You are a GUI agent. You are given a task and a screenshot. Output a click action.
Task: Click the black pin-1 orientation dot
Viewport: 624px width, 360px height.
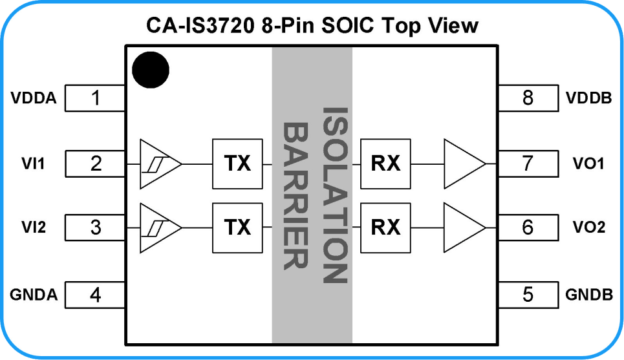[x=151, y=70]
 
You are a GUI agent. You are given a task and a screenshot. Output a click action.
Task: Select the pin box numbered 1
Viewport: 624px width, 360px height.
[x=95, y=98]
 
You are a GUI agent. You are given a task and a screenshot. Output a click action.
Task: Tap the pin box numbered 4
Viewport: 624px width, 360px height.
[x=95, y=295]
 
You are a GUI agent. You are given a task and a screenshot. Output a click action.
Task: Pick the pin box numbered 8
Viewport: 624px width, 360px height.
[x=528, y=98]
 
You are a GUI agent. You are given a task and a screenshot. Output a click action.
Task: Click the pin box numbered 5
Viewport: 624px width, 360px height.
[x=528, y=295]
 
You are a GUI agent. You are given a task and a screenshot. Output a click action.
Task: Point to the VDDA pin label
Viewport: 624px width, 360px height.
[x=34, y=98]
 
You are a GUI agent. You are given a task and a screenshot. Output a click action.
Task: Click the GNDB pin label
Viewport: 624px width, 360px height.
[x=589, y=295]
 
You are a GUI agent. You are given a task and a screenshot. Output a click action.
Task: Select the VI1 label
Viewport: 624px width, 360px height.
[x=33, y=164]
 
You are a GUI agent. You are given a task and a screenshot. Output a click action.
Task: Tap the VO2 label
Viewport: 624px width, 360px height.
[x=589, y=227]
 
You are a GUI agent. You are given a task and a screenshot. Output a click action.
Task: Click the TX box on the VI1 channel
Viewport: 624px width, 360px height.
[x=237, y=164]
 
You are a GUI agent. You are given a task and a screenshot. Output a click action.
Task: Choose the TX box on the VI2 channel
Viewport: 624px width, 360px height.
[x=237, y=228]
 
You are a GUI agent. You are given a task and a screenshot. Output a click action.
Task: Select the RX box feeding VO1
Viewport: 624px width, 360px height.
[x=385, y=164]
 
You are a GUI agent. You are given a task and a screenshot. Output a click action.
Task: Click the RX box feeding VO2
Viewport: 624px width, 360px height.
[x=385, y=228]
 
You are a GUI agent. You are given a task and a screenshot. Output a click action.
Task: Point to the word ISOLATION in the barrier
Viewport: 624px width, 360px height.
[x=335, y=195]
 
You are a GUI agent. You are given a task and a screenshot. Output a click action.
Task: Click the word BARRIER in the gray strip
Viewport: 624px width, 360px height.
[x=296, y=196]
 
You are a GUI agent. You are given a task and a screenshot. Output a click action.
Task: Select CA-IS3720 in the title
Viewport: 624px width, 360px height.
[x=200, y=25]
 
